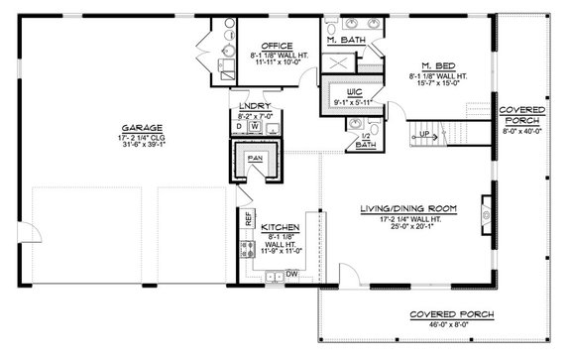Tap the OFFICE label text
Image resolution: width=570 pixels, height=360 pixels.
pyautogui.click(x=276, y=45)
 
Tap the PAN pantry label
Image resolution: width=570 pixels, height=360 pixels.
pyautogui.click(x=254, y=157)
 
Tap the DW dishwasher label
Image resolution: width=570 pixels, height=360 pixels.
pyautogui.click(x=292, y=273)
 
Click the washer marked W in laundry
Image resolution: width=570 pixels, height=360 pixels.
pyautogui.click(x=255, y=127)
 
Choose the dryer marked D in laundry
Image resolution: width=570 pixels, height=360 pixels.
pyautogui.click(x=239, y=127)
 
